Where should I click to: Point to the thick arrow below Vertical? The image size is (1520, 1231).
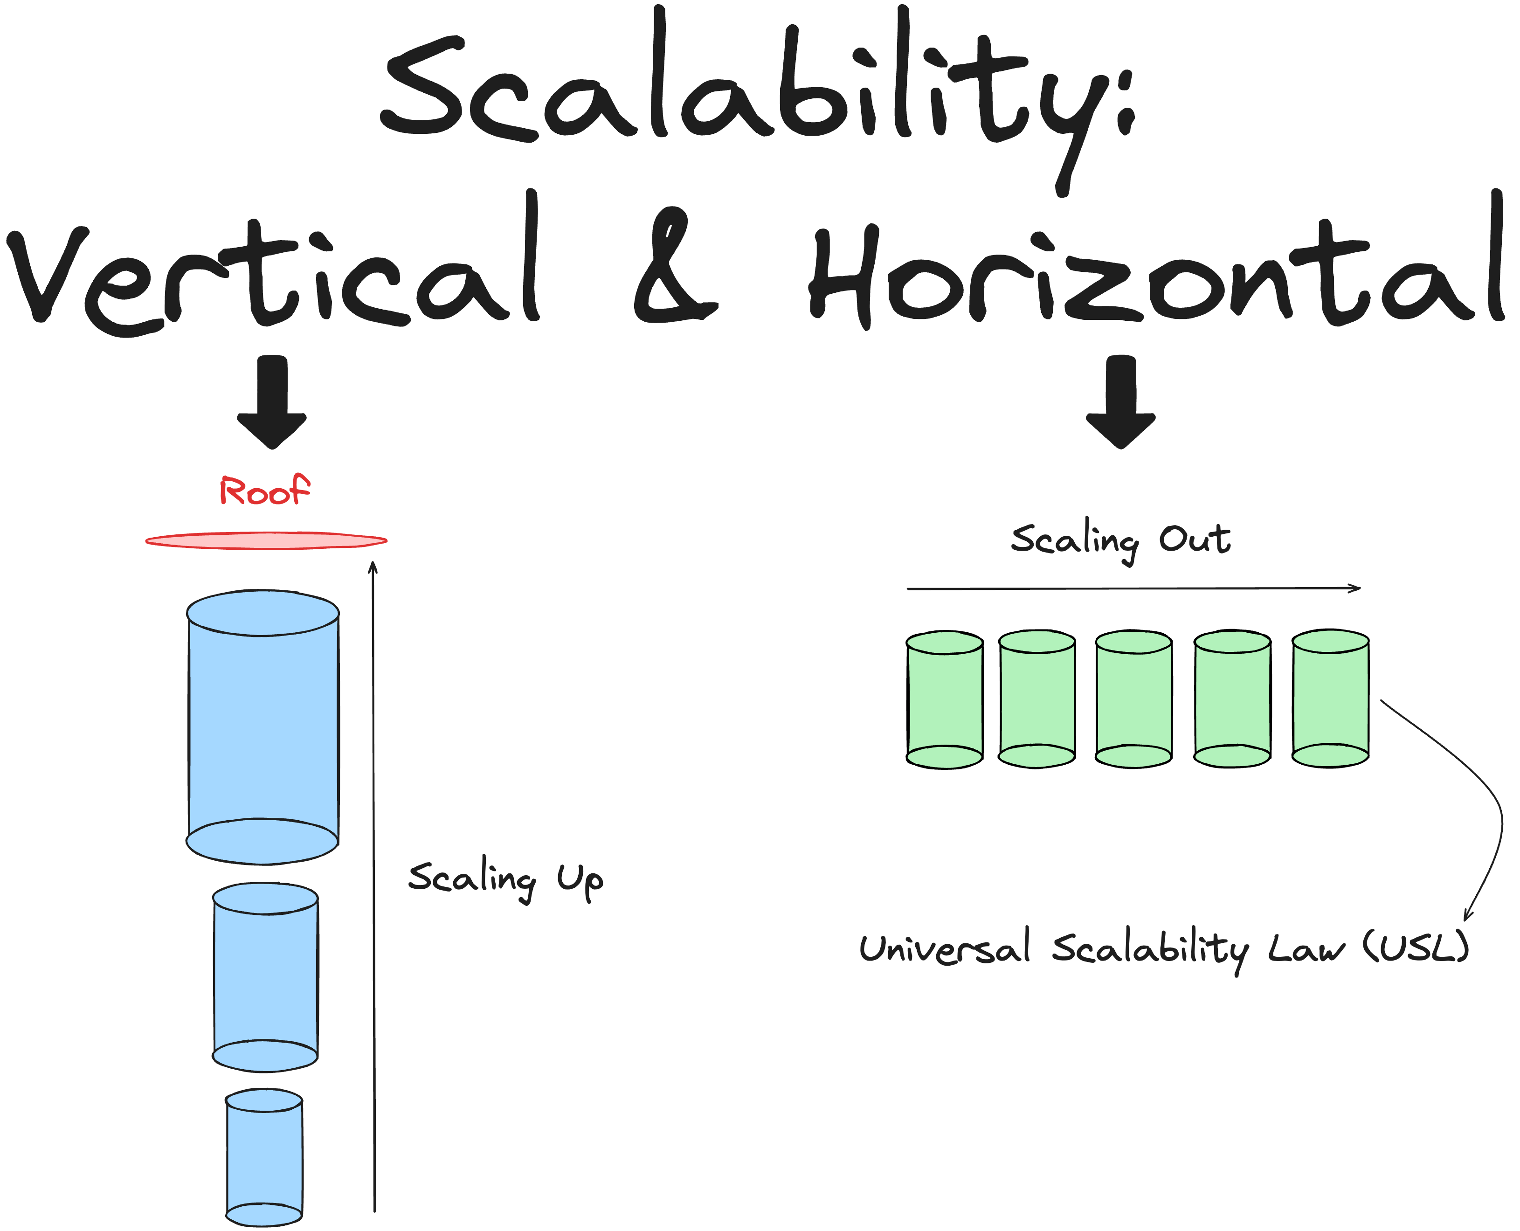click(x=272, y=402)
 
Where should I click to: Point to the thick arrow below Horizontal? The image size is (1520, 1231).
click(x=1121, y=402)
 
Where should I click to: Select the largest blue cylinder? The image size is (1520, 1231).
click(x=263, y=727)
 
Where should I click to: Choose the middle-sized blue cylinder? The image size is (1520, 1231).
click(x=265, y=977)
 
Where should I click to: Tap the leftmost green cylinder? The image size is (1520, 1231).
click(x=945, y=699)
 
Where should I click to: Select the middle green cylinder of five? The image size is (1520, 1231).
click(x=1133, y=698)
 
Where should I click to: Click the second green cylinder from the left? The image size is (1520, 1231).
click(x=1037, y=698)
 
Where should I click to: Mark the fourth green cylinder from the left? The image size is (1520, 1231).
click(x=1232, y=698)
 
